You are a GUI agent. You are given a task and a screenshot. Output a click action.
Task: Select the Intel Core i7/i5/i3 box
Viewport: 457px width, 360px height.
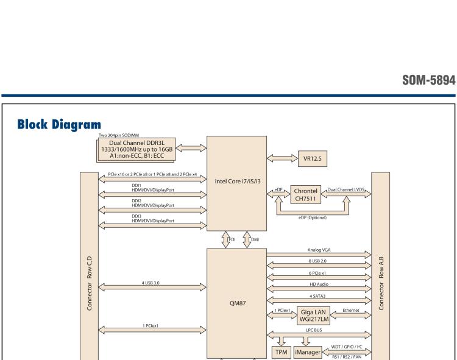click(x=236, y=181)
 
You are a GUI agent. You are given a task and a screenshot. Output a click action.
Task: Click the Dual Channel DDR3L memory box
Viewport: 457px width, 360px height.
click(x=138, y=149)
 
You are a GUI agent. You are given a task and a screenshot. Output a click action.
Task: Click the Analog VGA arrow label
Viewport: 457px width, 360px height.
click(x=319, y=250)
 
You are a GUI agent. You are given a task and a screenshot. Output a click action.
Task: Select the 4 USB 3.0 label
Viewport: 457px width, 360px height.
click(x=152, y=283)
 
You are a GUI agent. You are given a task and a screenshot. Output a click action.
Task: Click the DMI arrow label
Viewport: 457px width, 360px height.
click(x=255, y=239)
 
